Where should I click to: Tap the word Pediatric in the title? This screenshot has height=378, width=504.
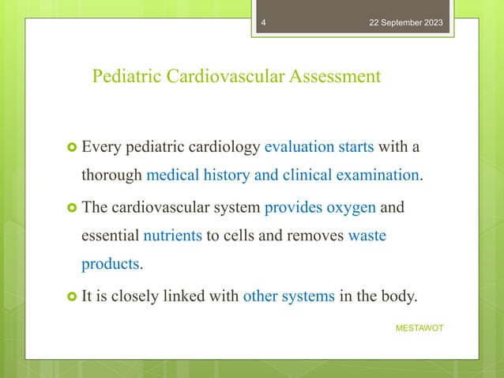[126, 77]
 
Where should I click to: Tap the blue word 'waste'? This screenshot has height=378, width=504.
[367, 235]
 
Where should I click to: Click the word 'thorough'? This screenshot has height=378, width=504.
[111, 175]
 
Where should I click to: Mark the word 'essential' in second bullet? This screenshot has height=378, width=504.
[111, 235]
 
